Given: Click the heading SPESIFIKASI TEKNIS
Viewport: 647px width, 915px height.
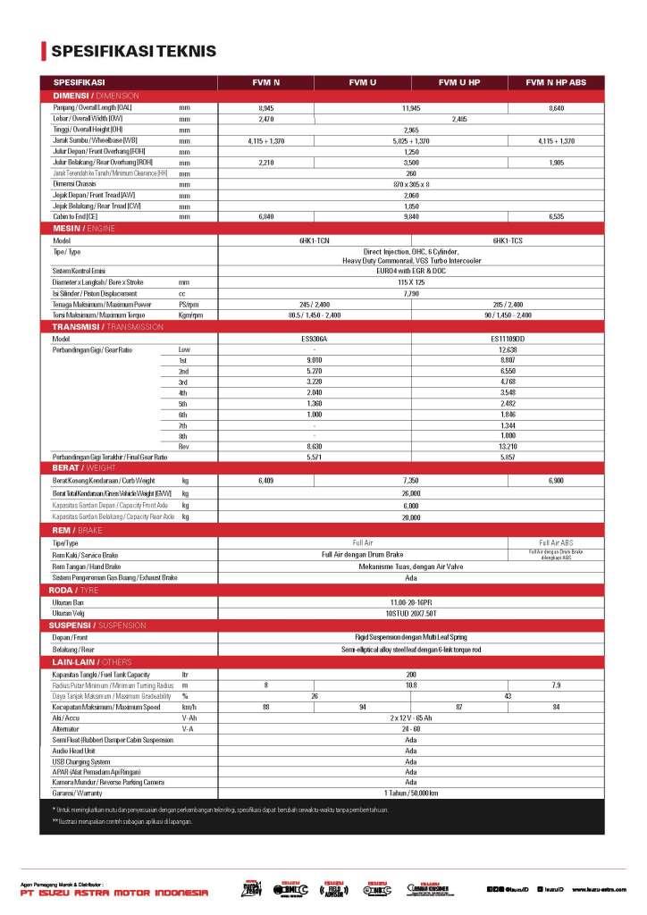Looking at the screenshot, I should pyautogui.click(x=134, y=51).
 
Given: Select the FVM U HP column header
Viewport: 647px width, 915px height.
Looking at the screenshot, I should pyautogui.click(x=461, y=82).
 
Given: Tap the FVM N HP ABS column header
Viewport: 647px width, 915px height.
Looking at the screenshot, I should pyautogui.click(x=556, y=82).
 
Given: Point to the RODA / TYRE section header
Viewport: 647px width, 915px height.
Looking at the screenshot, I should pyautogui.click(x=84, y=590).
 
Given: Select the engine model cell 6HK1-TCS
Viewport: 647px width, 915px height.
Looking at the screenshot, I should pyautogui.click(x=508, y=240).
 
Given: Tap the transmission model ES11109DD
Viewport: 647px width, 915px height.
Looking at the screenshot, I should pyautogui.click(x=508, y=339).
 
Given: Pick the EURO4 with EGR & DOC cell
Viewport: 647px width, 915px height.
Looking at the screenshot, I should pyautogui.click(x=412, y=269).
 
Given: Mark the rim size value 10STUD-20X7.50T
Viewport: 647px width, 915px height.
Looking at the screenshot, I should pyautogui.click(x=412, y=613).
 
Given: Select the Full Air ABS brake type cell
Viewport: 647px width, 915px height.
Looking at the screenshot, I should pyautogui.click(x=556, y=542).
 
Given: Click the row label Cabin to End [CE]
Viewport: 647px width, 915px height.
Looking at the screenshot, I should pyautogui.click(x=75, y=216).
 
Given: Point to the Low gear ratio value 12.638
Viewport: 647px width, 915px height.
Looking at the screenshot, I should pyautogui.click(x=508, y=349).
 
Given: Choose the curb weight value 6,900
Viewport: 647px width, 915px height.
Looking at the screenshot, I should pyautogui.click(x=556, y=481).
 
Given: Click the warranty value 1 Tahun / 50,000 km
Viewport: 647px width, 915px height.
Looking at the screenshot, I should pyautogui.click(x=412, y=793).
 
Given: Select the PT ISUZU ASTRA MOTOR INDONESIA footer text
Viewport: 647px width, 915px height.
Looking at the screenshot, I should pyautogui.click(x=113, y=892).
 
